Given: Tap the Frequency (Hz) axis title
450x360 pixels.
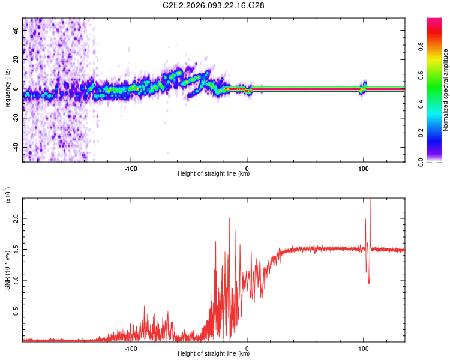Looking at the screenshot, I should point(7,89).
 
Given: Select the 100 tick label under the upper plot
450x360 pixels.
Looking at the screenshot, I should point(363,168).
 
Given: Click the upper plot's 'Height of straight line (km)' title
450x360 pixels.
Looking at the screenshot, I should point(214,175).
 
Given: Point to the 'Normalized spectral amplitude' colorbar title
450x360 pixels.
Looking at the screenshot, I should point(446,90).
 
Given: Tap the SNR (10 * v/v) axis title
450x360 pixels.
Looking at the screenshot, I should point(7,270).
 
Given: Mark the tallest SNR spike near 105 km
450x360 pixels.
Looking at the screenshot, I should point(370,200).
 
